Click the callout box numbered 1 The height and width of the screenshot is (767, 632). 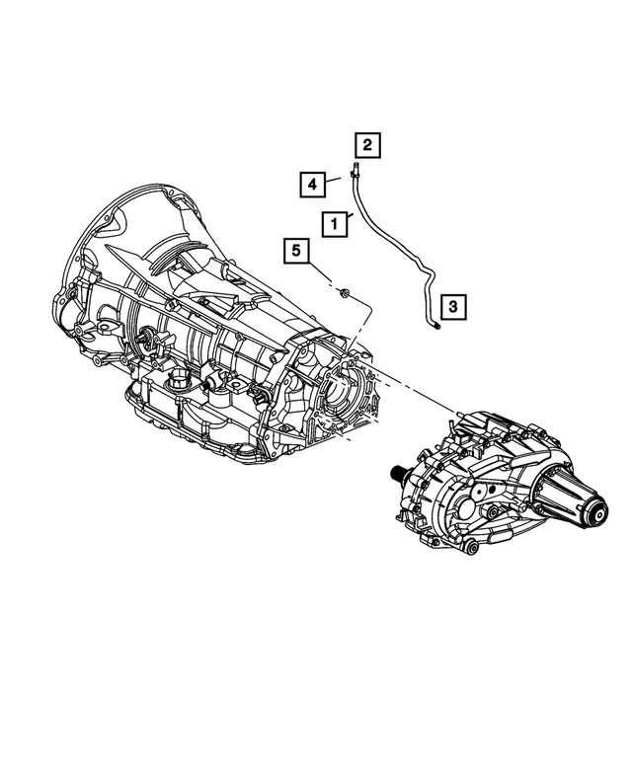click(335, 224)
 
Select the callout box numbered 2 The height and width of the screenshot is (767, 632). click(366, 146)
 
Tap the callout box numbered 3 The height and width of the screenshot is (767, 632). click(452, 308)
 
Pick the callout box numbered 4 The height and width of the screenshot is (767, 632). click(310, 183)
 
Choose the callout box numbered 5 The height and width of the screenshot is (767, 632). click(294, 253)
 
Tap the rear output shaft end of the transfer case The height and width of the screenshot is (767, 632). click(597, 510)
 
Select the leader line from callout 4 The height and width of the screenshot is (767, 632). click(333, 179)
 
